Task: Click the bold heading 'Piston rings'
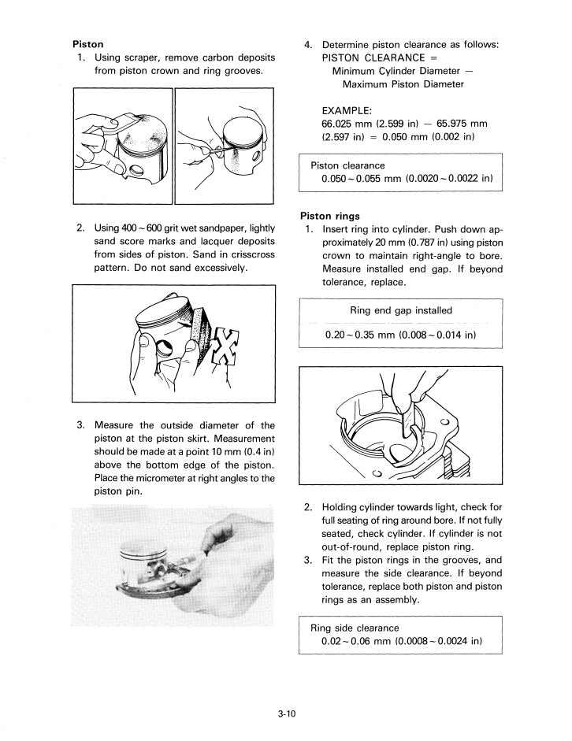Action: point(330,216)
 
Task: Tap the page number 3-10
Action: point(286,715)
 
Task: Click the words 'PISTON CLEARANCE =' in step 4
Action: point(372,57)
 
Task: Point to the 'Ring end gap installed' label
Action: point(401,310)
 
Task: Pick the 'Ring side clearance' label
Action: point(355,628)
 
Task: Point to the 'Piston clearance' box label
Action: point(347,165)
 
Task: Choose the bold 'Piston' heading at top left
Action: point(87,44)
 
